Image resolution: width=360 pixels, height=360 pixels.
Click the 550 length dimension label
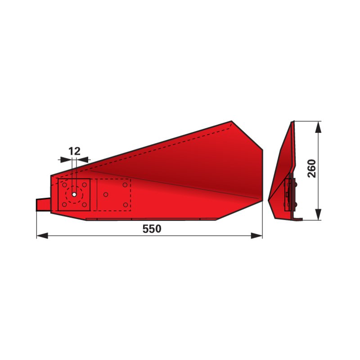152,229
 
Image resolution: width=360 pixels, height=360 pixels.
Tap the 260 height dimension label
312,168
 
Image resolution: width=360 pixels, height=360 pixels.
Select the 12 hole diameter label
75,151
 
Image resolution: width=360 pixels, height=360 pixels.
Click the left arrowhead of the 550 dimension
42,235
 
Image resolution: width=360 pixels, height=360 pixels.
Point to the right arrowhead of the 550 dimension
256,235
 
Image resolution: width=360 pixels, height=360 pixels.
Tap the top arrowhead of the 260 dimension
318,127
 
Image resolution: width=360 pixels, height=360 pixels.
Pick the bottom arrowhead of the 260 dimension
318,215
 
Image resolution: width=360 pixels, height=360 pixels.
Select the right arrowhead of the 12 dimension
82,160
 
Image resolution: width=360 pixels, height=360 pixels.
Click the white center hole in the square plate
74,194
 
